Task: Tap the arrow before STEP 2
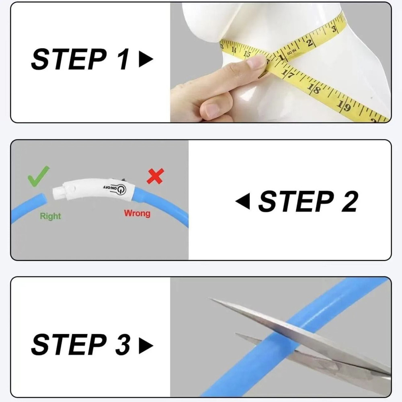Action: (x=242, y=201)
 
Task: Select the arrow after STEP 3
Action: (x=146, y=345)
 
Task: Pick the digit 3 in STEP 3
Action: (x=121, y=345)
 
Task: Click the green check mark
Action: (x=39, y=176)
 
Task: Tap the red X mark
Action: (x=155, y=176)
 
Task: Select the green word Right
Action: (x=50, y=216)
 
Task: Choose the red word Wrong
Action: (x=137, y=213)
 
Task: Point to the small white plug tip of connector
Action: (x=57, y=191)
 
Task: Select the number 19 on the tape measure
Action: (x=345, y=105)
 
